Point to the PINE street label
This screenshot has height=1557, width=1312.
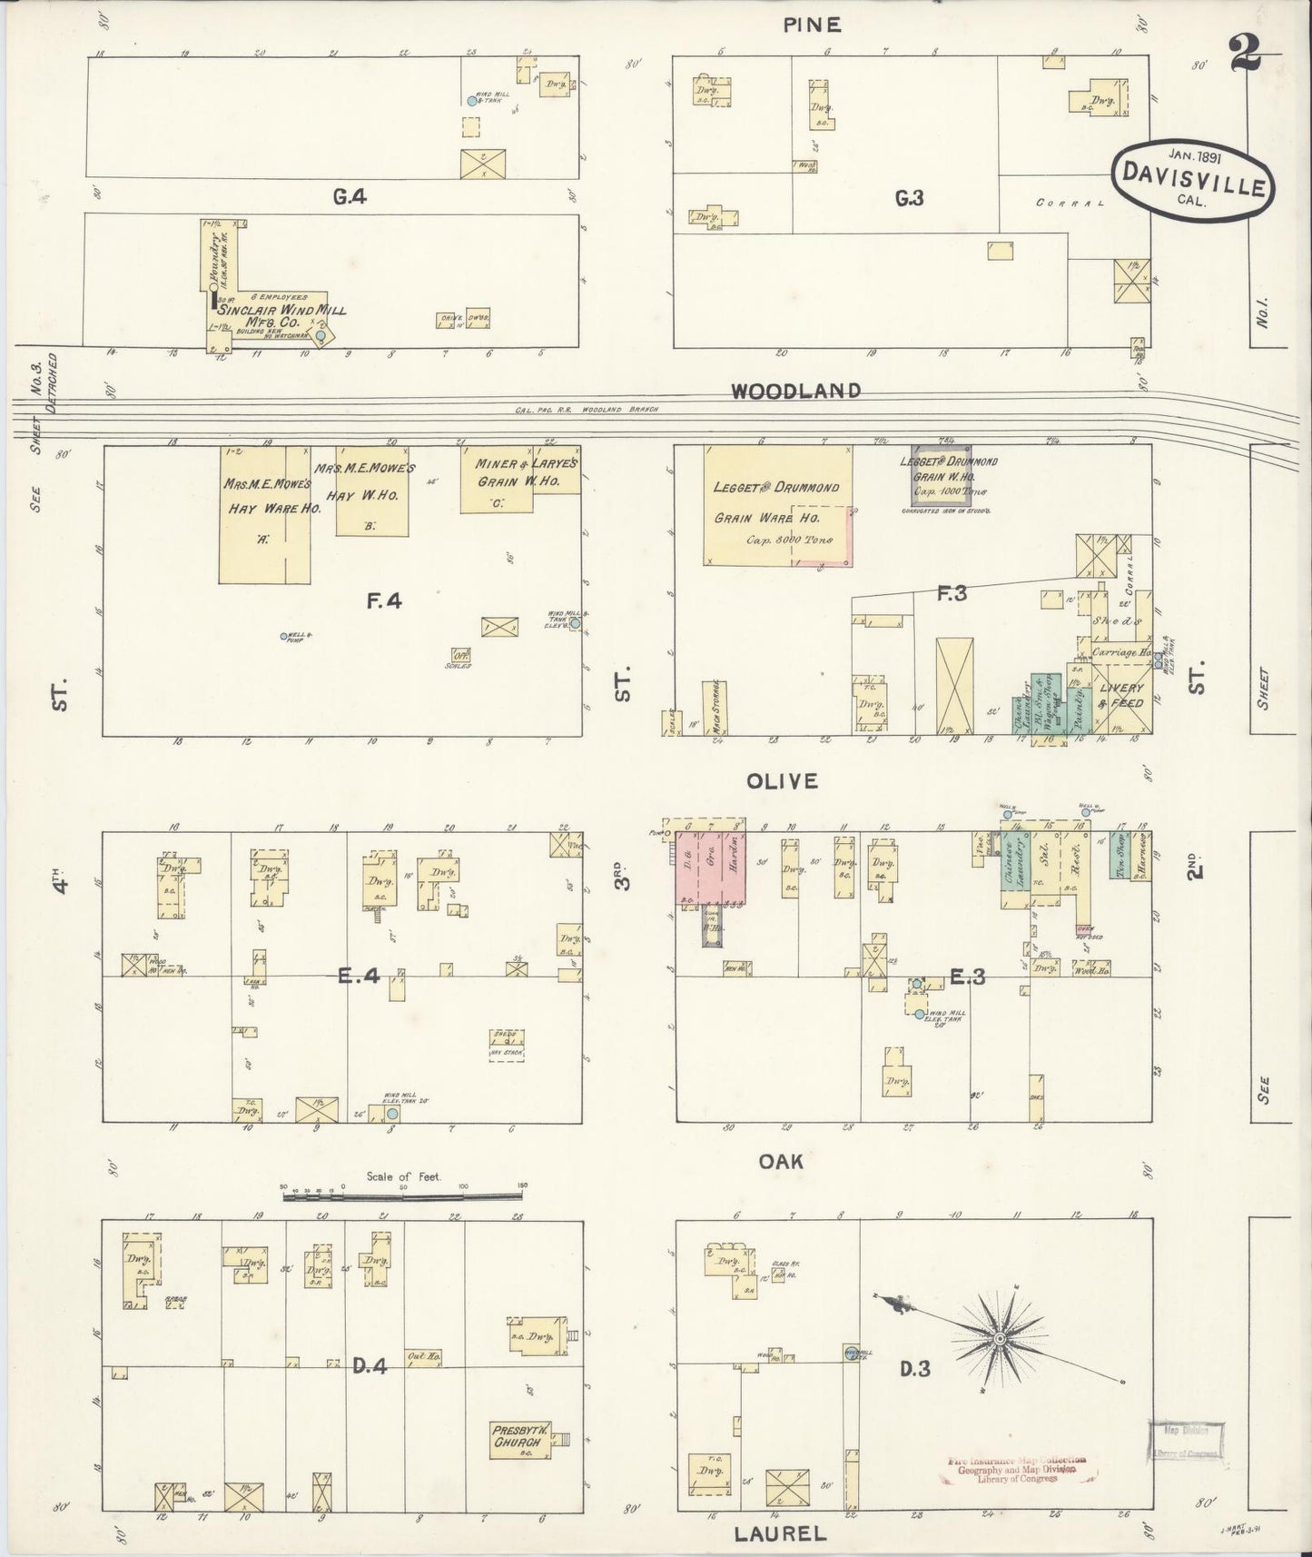tap(813, 25)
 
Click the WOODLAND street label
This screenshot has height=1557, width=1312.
tap(795, 392)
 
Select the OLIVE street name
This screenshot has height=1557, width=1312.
tap(783, 781)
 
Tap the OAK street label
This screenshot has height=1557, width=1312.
tap(783, 1161)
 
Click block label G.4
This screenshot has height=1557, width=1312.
tap(350, 195)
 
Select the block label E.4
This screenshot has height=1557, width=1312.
tap(358, 977)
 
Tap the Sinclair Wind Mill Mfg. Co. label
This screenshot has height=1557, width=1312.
tap(282, 315)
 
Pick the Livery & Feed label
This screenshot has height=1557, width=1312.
tap(1120, 696)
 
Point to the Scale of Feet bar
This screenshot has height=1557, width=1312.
tap(404, 1198)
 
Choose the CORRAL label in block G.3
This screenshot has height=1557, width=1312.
tap(1070, 203)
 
